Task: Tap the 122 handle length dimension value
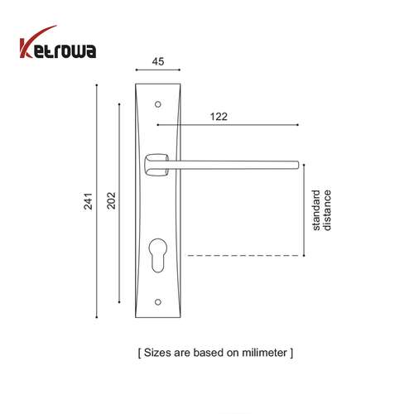tap(219, 117)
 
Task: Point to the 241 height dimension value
tap(87, 201)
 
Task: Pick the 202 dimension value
tap(111, 201)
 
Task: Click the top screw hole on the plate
tap(157, 104)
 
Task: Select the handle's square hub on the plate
tap(153, 164)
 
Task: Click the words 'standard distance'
tap(321, 210)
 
